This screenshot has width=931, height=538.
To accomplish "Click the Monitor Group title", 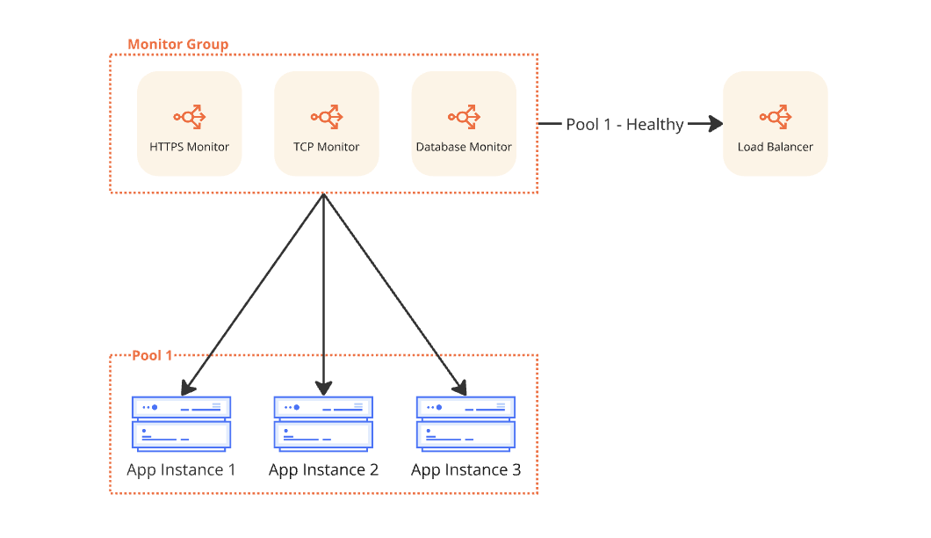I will (177, 44).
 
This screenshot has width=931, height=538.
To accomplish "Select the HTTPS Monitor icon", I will (189, 116).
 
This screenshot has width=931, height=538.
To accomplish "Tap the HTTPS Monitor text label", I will (189, 147).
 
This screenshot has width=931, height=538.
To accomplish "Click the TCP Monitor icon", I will (326, 116).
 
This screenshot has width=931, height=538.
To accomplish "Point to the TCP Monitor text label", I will (326, 147).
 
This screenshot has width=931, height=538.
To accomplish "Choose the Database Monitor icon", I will (463, 116).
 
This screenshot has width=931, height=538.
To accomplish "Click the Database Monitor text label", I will (464, 147).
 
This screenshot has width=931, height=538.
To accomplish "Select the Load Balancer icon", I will (776, 116).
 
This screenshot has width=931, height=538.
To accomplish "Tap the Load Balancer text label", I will (776, 147).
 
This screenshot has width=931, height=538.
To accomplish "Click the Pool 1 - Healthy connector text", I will (624, 125).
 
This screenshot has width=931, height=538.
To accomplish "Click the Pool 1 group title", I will (152, 355).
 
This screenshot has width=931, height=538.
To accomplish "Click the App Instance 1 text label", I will (181, 470).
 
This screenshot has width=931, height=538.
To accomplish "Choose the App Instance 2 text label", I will (323, 470).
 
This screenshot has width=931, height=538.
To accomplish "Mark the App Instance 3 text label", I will (465, 470).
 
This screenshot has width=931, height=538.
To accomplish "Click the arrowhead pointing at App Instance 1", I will (186, 388).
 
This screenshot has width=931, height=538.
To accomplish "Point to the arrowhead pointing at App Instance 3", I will (460, 388).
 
